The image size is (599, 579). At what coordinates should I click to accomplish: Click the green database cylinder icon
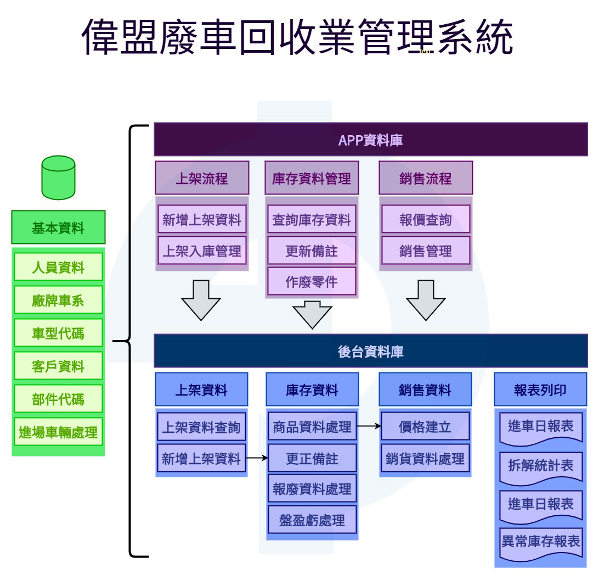click(x=58, y=177)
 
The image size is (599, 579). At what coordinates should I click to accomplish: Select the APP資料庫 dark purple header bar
click(x=371, y=140)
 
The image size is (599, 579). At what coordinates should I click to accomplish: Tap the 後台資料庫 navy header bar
click(x=371, y=351)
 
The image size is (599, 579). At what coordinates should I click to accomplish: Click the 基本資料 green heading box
click(x=58, y=227)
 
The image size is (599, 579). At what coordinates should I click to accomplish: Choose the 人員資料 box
click(x=58, y=267)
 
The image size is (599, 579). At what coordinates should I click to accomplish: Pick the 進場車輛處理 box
click(x=58, y=432)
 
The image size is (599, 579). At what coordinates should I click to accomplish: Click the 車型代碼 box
click(x=58, y=333)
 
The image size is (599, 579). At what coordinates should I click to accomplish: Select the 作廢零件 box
click(x=312, y=281)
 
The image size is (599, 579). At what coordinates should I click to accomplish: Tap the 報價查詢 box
click(x=426, y=219)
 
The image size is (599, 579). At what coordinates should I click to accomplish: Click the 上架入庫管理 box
click(x=202, y=250)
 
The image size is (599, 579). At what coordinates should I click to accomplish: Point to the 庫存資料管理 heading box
click(x=312, y=178)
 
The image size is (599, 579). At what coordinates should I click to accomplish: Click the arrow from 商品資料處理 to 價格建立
click(x=369, y=426)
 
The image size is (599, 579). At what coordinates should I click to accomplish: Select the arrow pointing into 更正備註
click(x=257, y=458)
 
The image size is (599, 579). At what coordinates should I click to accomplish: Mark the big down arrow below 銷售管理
click(x=426, y=300)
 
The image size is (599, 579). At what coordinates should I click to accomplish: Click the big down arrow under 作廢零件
click(x=312, y=315)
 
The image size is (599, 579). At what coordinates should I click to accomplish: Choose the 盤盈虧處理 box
click(x=312, y=520)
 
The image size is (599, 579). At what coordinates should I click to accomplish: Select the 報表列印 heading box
click(x=540, y=389)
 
